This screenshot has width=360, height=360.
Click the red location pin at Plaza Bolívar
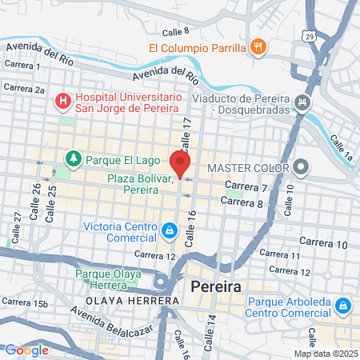tap(180, 162)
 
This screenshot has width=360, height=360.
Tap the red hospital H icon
tap(62, 102)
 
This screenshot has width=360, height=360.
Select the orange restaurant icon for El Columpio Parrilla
tap(257, 47)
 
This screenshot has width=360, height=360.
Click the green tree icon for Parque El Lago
tap(74, 158)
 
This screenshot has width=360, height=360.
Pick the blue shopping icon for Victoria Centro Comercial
tap(169, 232)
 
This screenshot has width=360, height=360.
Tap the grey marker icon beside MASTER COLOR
tap(301, 168)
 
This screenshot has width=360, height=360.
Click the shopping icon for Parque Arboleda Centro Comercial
tap(342, 305)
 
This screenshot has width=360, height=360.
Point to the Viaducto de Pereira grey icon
tap(302, 102)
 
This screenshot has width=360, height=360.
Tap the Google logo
tap(26, 350)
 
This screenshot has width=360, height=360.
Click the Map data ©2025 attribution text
tap(326, 354)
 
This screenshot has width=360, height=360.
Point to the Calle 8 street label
tap(175, 31)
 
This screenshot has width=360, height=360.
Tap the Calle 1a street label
tap(340, 143)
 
